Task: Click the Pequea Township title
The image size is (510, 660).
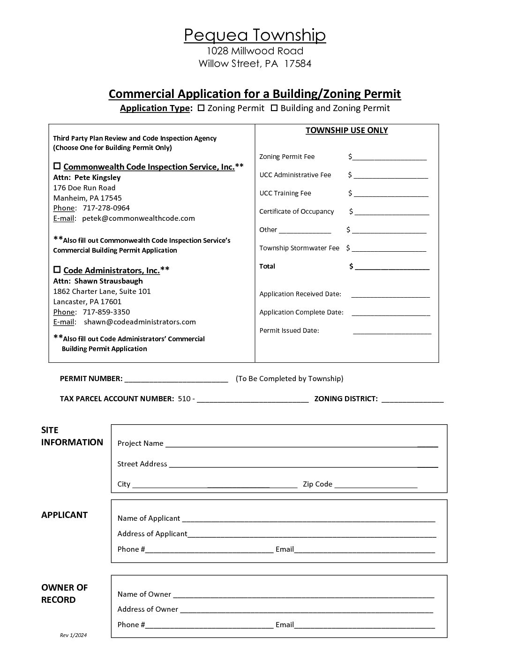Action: [x=255, y=35]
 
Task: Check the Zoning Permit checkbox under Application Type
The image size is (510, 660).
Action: [x=201, y=108]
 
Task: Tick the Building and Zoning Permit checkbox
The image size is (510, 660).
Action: [x=274, y=108]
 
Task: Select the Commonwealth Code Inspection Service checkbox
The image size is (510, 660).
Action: [x=57, y=166]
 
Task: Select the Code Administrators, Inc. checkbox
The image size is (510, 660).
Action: [x=57, y=270]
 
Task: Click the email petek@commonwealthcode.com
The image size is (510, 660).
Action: [x=138, y=218]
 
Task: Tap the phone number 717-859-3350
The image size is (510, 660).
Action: [x=106, y=312]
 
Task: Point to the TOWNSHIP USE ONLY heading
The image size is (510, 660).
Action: [x=346, y=130]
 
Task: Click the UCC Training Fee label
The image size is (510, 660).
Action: [x=285, y=193]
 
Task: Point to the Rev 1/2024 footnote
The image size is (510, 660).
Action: [x=74, y=635]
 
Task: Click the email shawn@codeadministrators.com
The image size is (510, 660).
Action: [x=140, y=322]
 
